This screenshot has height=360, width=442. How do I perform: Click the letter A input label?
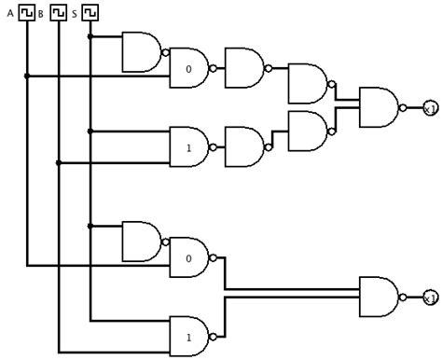coord(10,13)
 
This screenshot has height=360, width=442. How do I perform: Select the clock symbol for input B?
coord(59,12)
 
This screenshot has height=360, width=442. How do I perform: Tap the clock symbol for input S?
coord(90,12)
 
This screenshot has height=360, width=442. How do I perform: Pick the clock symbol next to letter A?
coord(28,12)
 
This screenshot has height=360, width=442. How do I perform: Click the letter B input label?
coord(41,13)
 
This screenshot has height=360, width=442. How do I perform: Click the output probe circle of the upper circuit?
coord(430,107)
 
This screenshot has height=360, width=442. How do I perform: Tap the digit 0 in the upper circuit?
coord(188,69)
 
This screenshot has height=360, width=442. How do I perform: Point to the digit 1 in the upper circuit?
coord(188,147)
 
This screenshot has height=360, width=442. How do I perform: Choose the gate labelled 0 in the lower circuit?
coord(188,257)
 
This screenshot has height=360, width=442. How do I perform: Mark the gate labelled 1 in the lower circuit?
coord(188,336)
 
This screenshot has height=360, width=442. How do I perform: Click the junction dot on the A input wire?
coord(28,76)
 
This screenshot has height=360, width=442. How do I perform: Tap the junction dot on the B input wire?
coord(59,162)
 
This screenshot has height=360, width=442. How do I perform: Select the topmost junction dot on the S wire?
coord(90,37)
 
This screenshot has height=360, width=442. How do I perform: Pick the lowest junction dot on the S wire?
coord(90,226)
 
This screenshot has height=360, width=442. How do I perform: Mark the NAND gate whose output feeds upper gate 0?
coord(142,52)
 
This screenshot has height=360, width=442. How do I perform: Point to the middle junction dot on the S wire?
coord(90,131)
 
